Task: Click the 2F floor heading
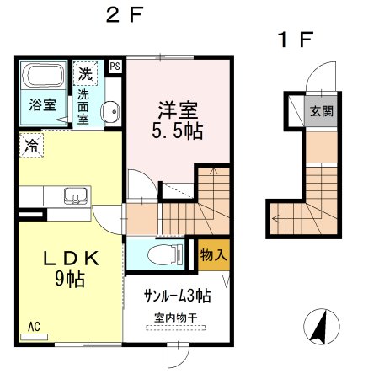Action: pos(125,14)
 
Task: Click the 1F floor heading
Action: pos(295,39)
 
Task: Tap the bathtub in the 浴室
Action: pos(40,77)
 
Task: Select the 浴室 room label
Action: pos(43,105)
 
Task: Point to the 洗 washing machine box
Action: pos(85,73)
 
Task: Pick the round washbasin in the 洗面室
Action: pos(109,113)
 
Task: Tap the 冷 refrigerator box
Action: pos(31,145)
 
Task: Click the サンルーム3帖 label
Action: pos(177,296)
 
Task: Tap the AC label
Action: pos(34,326)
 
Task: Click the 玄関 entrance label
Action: pos(319,112)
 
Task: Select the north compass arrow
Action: pos(319,328)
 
